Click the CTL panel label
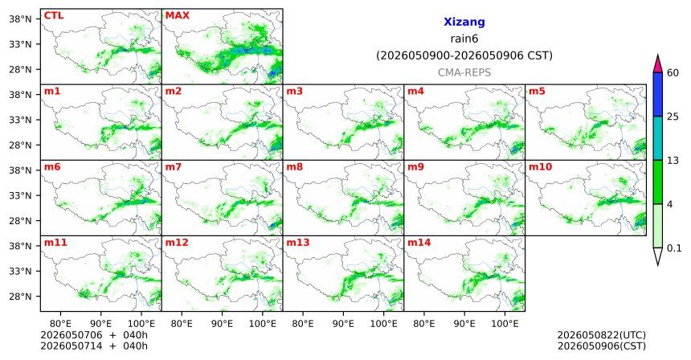tap(53, 15)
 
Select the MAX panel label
tap(177, 15)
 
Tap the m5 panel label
tap(537, 92)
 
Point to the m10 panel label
tap(540, 167)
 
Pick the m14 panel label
tap(419, 243)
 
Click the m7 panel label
tap(174, 167)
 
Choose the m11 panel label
tap(55, 243)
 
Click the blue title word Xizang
tap(464, 22)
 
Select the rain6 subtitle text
tap(464, 39)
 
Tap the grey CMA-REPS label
tap(464, 72)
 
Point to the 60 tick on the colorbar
tap(673, 73)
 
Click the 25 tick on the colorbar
tap(673, 117)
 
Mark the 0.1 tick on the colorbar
tap(674, 248)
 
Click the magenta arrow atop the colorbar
tap(658, 63)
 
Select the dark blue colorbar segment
tap(658, 94)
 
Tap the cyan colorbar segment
tap(658, 138)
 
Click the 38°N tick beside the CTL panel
tap(20, 19)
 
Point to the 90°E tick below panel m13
tap(343, 325)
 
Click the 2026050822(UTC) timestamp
tap(602, 336)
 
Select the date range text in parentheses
tap(464, 56)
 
